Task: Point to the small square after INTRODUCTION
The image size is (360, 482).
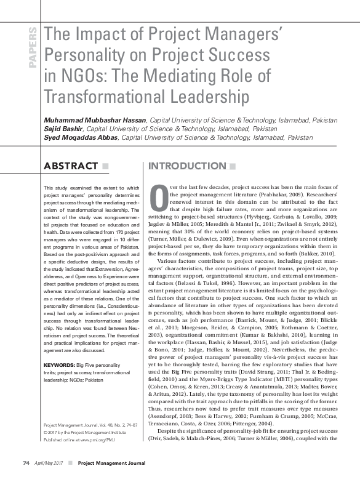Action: [231, 166]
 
